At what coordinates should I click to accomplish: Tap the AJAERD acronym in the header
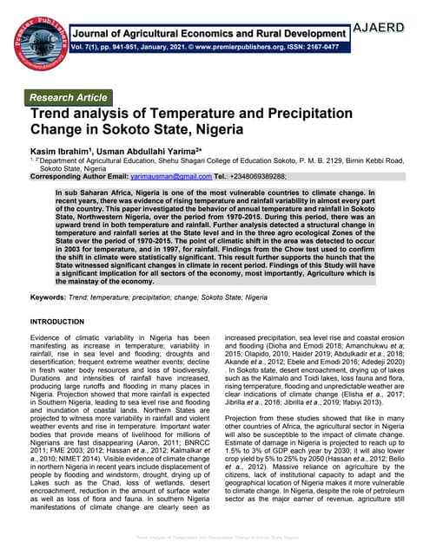pos(389,28)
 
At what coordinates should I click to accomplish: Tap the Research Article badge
pos(69,97)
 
